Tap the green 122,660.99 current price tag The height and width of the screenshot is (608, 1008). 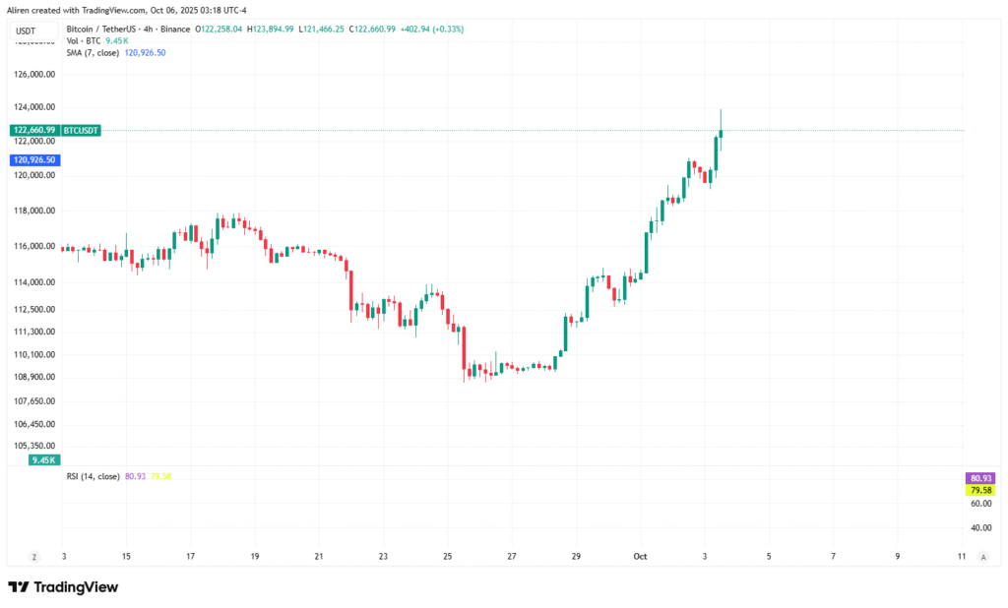[32, 130]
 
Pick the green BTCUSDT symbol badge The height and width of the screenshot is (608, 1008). [81, 130]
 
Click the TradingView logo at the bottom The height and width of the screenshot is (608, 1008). [64, 587]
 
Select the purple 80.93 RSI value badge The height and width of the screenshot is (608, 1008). [979, 477]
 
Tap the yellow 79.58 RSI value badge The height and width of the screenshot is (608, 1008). [979, 490]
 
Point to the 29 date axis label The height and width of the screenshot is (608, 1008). [577, 557]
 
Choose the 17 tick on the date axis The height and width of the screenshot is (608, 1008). [190, 557]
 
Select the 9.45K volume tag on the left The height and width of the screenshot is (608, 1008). [44, 459]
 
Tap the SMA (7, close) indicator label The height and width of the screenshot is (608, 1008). [94, 52]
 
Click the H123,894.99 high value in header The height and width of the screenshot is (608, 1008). [271, 29]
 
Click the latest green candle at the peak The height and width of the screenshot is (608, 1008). [721, 132]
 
